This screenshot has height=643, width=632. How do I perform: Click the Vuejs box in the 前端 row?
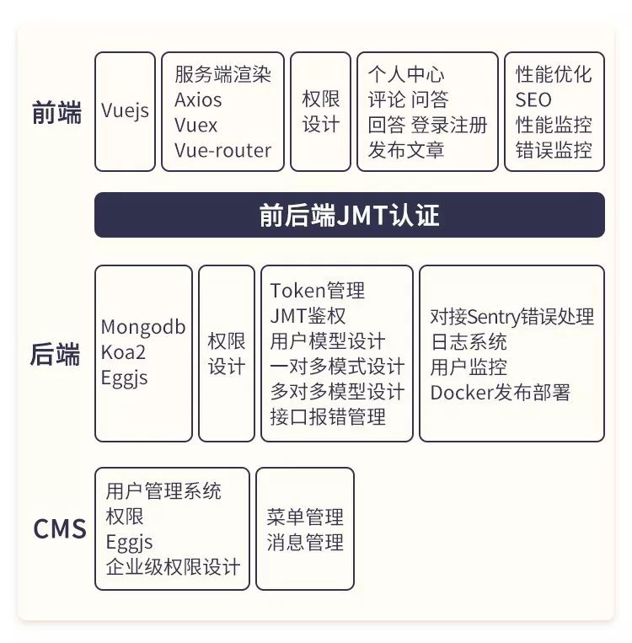pyautogui.click(x=125, y=111)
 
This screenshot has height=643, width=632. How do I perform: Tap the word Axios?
pyautogui.click(x=198, y=99)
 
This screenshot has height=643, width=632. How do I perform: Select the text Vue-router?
pyautogui.click(x=222, y=151)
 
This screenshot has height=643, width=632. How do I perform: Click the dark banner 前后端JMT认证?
pyautogui.click(x=349, y=215)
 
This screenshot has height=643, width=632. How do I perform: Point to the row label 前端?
pyautogui.click(x=57, y=113)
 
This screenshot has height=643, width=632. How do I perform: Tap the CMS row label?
pyautogui.click(x=60, y=528)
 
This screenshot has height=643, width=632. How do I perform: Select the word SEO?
pyautogui.click(x=533, y=99)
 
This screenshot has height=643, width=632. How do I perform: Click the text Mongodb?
pyautogui.click(x=143, y=327)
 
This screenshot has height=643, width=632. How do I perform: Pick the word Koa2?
pyautogui.click(x=123, y=352)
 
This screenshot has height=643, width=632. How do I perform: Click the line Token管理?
pyautogui.click(x=318, y=291)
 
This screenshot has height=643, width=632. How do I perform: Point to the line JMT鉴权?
pyautogui.click(x=308, y=316)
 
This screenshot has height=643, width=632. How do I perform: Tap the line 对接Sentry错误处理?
pyautogui.click(x=511, y=316)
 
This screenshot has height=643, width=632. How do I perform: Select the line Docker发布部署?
pyautogui.click(x=500, y=392)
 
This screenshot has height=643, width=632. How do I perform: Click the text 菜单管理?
pyautogui.click(x=305, y=517)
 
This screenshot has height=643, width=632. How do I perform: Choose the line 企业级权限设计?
pyautogui.click(x=173, y=566)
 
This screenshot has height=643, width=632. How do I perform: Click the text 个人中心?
pyautogui.click(x=406, y=74)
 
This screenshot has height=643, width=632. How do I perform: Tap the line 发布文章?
pyautogui.click(x=406, y=151)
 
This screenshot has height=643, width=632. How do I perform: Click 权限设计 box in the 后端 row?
pyautogui.click(x=226, y=354)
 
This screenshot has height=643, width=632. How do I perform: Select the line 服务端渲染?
pyautogui.click(x=222, y=74)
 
